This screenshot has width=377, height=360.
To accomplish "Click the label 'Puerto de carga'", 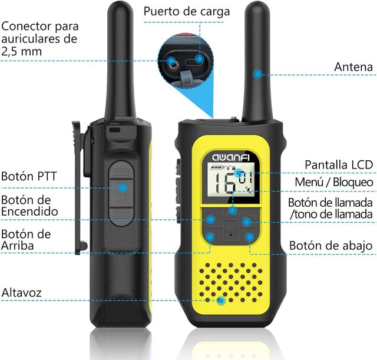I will [x=187, y=11].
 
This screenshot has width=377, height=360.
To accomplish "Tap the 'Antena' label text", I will [x=353, y=67].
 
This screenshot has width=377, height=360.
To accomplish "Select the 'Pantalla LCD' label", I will [x=339, y=164].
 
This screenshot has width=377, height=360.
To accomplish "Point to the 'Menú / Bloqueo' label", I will [x=334, y=183].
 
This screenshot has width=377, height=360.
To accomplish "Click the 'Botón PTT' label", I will [x=29, y=176].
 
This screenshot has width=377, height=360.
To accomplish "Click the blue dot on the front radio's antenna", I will [x=257, y=74].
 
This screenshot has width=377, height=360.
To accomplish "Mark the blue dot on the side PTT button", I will [x=123, y=187].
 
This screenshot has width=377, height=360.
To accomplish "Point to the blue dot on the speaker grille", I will [x=221, y=300].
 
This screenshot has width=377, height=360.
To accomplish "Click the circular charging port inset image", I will [x=184, y=59].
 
